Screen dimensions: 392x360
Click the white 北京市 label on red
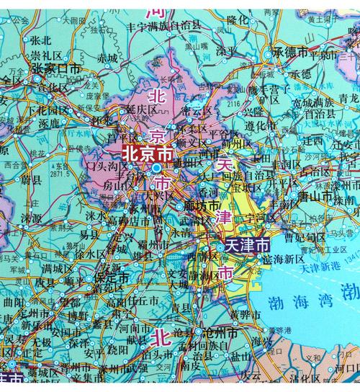(147, 153)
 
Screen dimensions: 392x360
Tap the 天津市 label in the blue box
(249, 245)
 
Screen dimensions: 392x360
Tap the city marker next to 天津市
(219, 248)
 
